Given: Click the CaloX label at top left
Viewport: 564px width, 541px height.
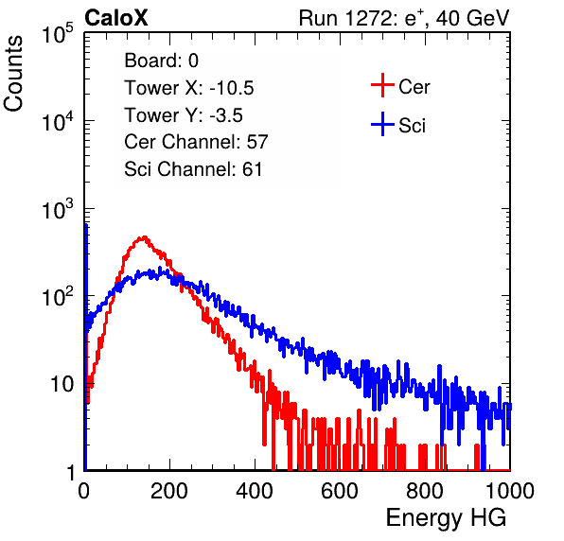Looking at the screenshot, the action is [x=116, y=18].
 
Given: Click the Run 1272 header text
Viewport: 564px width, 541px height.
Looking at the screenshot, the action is [x=404, y=18].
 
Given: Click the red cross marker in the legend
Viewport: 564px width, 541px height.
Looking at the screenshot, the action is [x=382, y=85].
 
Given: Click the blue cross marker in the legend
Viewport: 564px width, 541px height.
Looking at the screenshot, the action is [x=382, y=124].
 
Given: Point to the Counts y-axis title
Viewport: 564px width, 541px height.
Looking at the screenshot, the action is [x=13, y=74].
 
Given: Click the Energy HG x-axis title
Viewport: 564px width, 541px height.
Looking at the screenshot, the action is [x=446, y=517].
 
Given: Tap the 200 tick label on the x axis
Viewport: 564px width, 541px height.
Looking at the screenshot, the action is [x=169, y=491].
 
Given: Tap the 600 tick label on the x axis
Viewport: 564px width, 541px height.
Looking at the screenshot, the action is [x=340, y=491].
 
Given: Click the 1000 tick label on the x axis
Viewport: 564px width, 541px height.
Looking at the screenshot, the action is [x=510, y=491].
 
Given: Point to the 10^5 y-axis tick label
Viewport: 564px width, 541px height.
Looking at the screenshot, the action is [x=58, y=34].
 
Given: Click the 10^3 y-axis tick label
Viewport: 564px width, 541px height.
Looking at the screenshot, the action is [x=58, y=210].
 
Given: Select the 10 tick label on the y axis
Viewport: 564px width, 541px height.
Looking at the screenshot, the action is [x=62, y=384].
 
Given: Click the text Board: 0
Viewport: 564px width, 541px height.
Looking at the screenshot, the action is [x=161, y=61].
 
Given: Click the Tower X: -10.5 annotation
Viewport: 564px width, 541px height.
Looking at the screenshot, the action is [x=189, y=88].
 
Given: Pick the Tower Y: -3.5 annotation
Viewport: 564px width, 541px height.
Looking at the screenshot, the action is [x=184, y=115].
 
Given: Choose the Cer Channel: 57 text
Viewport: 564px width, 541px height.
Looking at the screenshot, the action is [x=196, y=142].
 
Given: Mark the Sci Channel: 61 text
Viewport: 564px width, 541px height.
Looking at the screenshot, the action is [x=193, y=169].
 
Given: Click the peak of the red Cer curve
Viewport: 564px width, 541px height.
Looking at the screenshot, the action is [x=144, y=236].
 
